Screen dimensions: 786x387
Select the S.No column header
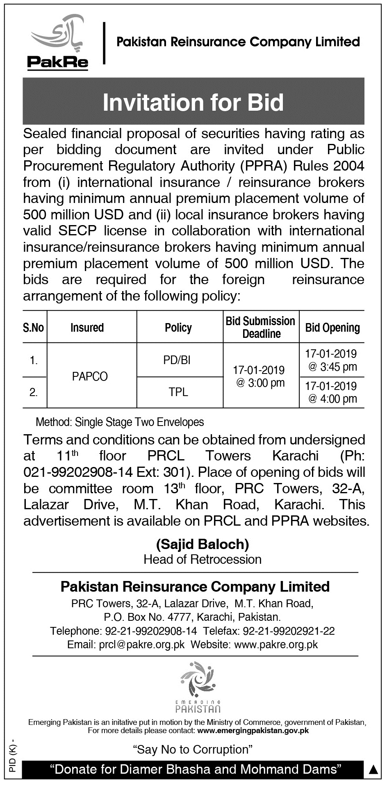point(34,328)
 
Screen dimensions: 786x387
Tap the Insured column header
point(87,328)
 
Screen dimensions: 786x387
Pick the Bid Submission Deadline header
point(261,327)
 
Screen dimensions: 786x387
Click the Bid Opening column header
point(332,328)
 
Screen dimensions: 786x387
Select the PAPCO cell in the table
point(90,376)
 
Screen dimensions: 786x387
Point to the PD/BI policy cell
point(177,360)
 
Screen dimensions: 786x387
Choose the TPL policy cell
point(178,392)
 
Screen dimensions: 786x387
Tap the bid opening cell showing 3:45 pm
point(331,360)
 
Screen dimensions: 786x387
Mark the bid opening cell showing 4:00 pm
point(331,392)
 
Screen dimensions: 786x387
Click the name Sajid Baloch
point(203,544)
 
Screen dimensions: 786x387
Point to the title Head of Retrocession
point(203,559)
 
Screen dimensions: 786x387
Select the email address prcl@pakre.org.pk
point(142,645)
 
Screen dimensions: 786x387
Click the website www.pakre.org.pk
point(276,645)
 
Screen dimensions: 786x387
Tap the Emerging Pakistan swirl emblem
point(198,679)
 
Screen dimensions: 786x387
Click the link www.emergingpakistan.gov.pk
point(253,731)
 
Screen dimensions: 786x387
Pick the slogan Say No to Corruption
point(193,750)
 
